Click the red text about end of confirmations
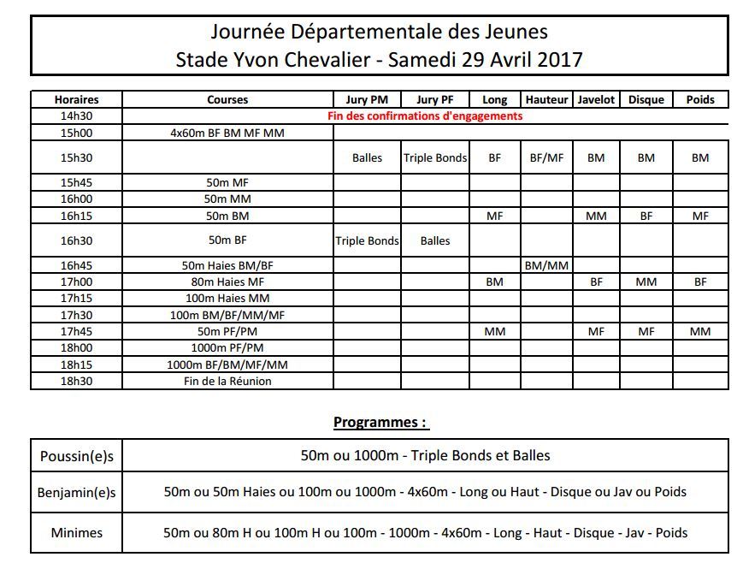click(x=425, y=116)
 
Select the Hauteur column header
click(x=547, y=99)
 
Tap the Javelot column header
click(x=596, y=99)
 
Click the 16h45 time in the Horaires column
click(x=76, y=265)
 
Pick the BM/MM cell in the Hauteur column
click(x=547, y=265)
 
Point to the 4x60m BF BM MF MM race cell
click(x=227, y=133)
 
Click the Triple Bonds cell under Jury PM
click(x=367, y=240)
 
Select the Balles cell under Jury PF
click(x=434, y=240)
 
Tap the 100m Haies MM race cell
click(x=227, y=298)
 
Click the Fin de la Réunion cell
click(x=227, y=381)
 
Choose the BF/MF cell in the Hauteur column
click(x=547, y=157)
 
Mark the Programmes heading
click(x=380, y=422)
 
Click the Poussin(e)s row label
click(x=76, y=456)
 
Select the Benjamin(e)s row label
click(x=76, y=492)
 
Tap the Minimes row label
click(x=76, y=532)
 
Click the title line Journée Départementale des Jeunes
click(x=379, y=32)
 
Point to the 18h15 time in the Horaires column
click(x=76, y=364)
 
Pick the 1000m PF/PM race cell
click(x=227, y=347)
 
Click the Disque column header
click(x=646, y=99)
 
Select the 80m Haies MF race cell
click(x=227, y=281)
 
